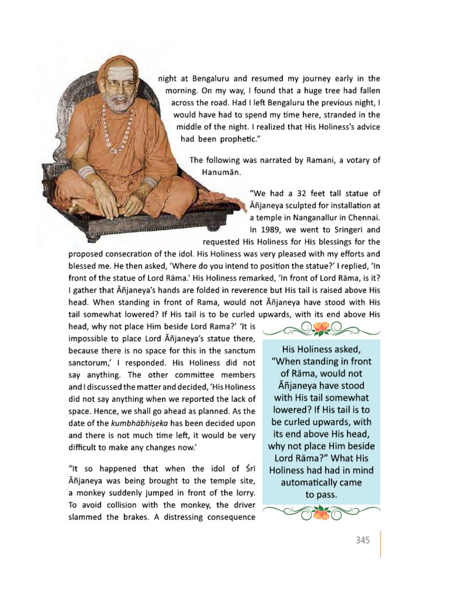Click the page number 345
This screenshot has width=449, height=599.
pyautogui.click(x=362, y=541)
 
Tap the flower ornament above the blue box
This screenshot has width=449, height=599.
pyautogui.click(x=322, y=330)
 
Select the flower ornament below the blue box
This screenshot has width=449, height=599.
pyautogui.click(x=322, y=513)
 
